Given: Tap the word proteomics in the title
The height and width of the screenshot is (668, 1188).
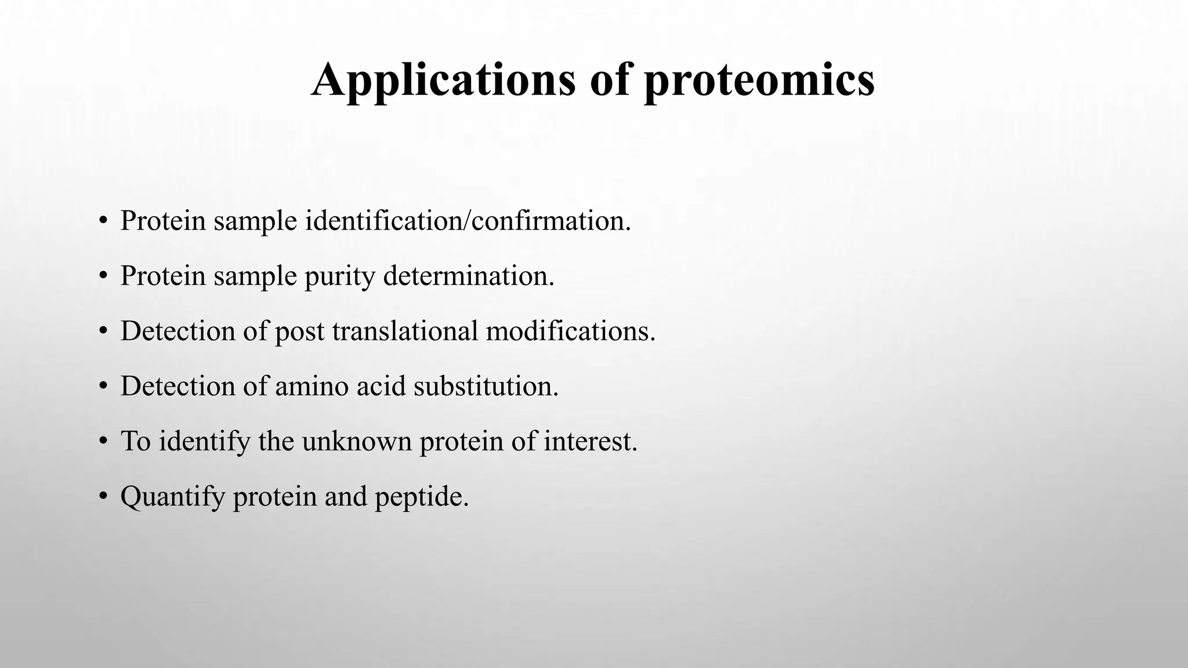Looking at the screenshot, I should click(x=759, y=79).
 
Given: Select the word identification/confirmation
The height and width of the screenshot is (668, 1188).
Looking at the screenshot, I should click(x=468, y=220).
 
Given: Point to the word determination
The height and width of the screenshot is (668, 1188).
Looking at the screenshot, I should click(x=469, y=275).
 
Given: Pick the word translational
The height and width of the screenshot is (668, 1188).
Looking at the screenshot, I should click(x=405, y=331).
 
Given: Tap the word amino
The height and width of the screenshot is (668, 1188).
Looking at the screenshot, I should click(x=312, y=386).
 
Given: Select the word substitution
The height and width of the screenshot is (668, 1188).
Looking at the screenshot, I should click(x=486, y=386).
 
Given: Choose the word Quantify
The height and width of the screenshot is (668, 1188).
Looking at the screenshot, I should click(x=172, y=496).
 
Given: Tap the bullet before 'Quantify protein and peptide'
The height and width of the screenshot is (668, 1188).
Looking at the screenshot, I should click(x=103, y=496).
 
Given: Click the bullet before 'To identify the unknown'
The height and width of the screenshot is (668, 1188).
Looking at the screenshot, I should click(x=103, y=441).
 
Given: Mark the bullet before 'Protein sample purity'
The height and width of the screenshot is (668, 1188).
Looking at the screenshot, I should click(x=103, y=276).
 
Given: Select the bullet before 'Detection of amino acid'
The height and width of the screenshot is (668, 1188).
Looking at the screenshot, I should click(x=103, y=386).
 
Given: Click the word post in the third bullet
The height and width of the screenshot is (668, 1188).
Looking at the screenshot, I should click(x=299, y=332).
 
